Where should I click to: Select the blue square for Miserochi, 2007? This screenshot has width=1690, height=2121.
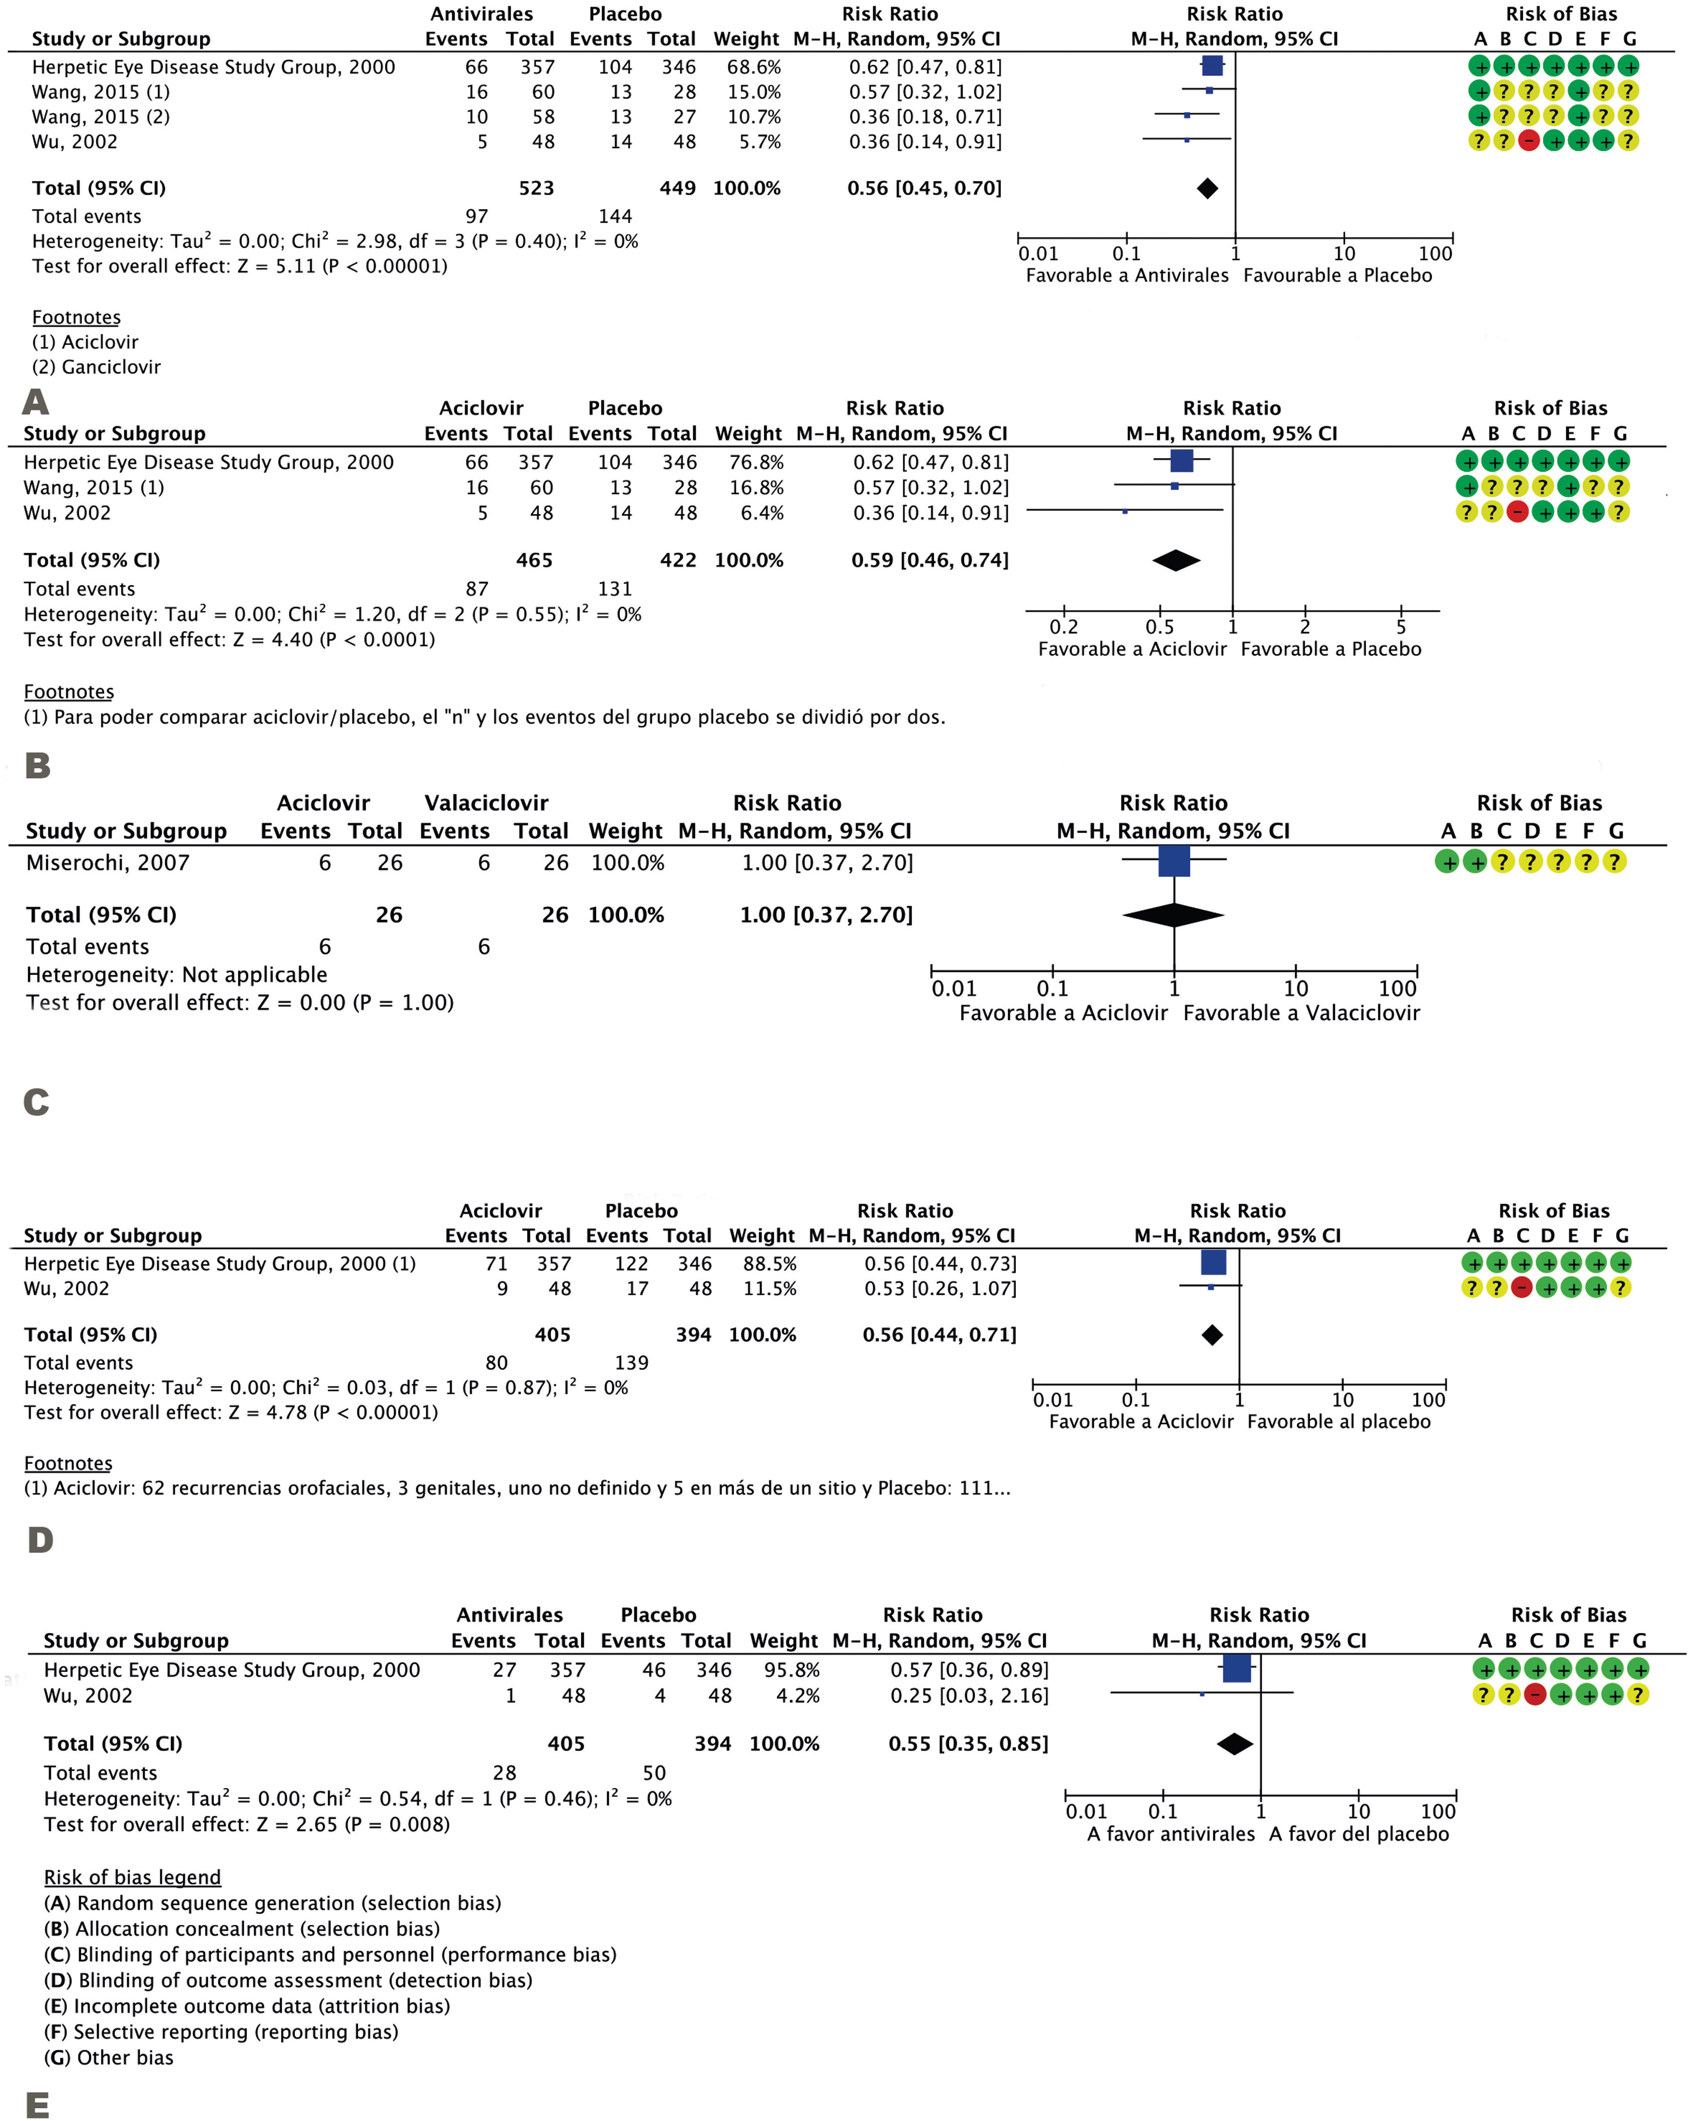coord(1174,862)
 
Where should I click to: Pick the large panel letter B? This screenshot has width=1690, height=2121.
coord(37,765)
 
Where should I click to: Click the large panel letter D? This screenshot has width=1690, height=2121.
coord(39,1540)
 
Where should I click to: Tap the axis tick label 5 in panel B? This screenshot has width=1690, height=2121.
coord(1401,627)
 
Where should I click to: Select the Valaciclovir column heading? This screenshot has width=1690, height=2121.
coord(486,803)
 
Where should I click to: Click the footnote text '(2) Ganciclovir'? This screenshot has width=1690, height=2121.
coord(97,367)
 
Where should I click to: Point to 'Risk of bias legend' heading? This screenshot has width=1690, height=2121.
coord(132,1877)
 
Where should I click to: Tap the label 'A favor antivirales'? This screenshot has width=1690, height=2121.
coord(1171,1834)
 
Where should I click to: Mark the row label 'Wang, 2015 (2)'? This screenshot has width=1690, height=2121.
coord(101,116)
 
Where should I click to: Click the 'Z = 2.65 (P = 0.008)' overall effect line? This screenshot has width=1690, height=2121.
coord(246,1824)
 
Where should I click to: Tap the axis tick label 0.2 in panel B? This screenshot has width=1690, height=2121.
coord(1063,627)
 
